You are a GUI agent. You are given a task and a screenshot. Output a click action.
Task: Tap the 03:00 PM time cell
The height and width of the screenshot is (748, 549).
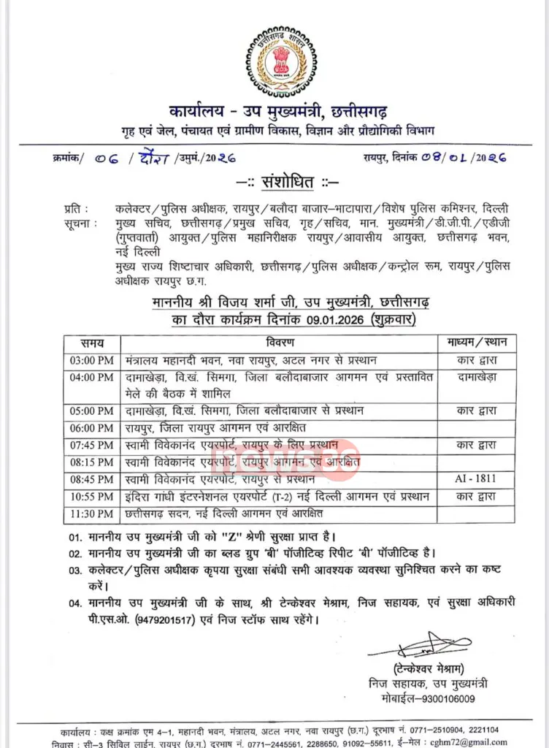coord(92,360)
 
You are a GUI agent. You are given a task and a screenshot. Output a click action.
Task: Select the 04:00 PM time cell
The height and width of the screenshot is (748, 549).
coord(92,378)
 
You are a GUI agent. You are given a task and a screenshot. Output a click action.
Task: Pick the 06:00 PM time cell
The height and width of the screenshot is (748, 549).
coord(92,427)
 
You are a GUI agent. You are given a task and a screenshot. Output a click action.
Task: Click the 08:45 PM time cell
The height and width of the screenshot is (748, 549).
coord(92,479)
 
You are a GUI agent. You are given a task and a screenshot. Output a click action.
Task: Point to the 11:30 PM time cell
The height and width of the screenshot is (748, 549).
coord(92,514)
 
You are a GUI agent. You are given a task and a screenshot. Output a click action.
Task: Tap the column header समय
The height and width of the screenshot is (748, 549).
coord(92,342)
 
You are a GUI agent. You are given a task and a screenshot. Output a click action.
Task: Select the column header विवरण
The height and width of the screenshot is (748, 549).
coord(278,342)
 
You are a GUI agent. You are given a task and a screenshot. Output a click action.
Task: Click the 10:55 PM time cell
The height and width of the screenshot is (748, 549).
coord(92,497)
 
